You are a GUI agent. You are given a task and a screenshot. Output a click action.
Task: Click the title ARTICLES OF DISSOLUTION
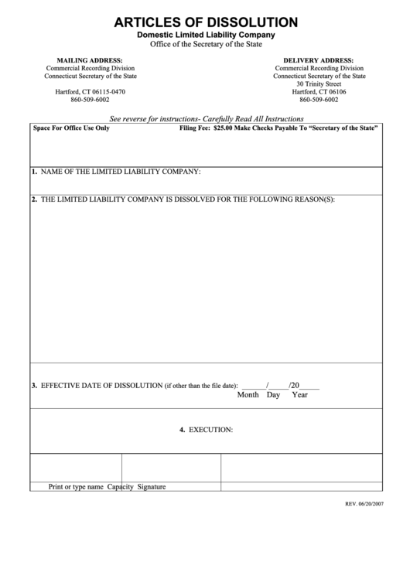205,22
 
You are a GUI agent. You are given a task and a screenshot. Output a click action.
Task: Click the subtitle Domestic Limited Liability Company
205,36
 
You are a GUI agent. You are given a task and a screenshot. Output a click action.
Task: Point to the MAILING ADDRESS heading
90,60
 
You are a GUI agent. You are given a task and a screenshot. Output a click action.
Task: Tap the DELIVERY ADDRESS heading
319,60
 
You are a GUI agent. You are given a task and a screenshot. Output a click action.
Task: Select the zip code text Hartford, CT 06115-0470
90,92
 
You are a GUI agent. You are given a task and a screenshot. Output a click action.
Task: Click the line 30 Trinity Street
319,83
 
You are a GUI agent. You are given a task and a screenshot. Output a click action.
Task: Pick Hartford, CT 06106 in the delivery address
319,92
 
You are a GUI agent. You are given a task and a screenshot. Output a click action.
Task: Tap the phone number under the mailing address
90,100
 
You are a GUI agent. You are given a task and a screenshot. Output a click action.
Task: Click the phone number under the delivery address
319,100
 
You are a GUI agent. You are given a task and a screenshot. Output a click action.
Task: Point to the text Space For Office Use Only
71,129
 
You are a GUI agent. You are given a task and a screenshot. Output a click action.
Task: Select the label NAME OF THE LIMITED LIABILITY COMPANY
121,171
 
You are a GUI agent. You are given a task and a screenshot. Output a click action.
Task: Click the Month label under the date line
248,395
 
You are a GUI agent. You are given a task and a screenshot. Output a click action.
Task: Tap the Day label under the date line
273,395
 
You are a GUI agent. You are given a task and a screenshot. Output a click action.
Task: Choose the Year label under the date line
299,395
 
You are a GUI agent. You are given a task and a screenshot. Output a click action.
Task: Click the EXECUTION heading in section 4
210,429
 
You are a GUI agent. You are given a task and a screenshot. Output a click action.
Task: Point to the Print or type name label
76,487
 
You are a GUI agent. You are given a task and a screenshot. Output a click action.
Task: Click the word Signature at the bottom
152,487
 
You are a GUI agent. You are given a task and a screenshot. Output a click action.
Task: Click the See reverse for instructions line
207,120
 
